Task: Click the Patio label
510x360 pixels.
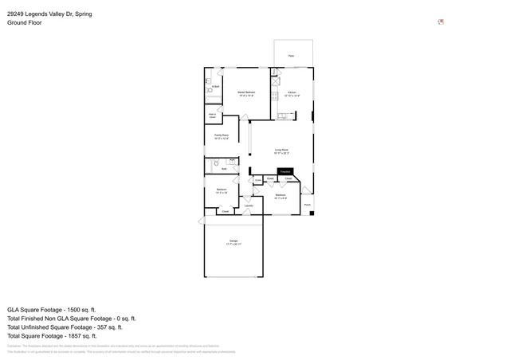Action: tap(291, 56)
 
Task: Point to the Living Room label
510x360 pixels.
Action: tap(281, 151)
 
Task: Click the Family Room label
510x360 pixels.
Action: tap(222, 137)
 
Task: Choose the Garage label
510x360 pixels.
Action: tap(233, 242)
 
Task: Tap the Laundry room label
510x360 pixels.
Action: tap(249, 205)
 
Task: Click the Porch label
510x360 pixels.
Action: tap(307, 205)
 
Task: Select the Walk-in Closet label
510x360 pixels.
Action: tap(213, 116)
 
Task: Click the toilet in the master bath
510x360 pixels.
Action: tap(209, 81)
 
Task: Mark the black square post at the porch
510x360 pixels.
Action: tap(312, 213)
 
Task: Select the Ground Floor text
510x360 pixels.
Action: tap(25, 23)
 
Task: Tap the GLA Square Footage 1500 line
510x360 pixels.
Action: tap(51, 309)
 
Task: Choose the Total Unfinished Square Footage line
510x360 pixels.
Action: tap(65, 327)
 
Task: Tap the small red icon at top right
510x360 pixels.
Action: tap(441, 22)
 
